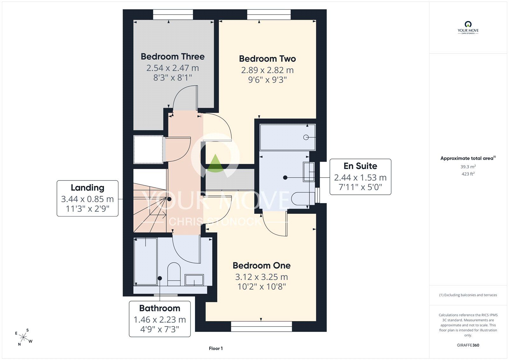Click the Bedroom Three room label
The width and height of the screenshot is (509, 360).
[172, 57]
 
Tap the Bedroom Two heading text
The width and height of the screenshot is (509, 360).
[267, 59]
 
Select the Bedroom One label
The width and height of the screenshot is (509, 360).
[261, 265]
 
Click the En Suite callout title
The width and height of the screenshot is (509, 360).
[360, 166]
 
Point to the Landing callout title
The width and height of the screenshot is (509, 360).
[87, 187]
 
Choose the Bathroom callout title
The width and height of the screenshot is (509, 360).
[159, 308]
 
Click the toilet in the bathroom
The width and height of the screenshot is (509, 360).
[174, 274]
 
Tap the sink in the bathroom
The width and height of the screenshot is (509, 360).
[194, 280]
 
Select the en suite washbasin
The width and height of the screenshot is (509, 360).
[309, 172]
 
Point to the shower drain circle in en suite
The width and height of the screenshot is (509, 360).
[306, 138]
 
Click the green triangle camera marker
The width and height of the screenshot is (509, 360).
[215, 163]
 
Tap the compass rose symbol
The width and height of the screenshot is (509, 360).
[24, 337]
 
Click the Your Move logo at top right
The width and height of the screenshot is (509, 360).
[468, 28]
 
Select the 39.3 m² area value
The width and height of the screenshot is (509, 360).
[468, 167]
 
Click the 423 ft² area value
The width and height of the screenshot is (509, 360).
[468, 174]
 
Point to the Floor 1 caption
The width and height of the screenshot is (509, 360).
[216, 349]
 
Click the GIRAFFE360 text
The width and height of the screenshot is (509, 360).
[468, 345]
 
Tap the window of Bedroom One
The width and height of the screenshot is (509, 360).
[261, 326]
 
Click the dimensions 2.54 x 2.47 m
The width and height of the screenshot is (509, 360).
[172, 68]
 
